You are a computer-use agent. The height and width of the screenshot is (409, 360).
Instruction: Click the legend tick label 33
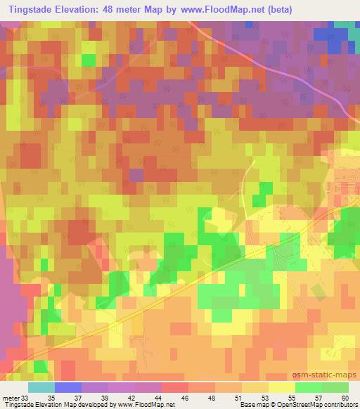pyautogui.click(x=27, y=397)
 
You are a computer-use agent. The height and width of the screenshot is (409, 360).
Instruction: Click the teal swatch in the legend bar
pyautogui.click(x=41, y=387)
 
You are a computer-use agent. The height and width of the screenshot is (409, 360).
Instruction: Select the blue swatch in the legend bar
pyautogui.click(x=67, y=387)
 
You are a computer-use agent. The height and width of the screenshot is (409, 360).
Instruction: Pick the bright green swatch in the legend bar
pyautogui.click(x=308, y=387)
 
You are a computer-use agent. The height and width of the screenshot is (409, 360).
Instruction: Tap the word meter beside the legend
pyautogui.click(x=11, y=397)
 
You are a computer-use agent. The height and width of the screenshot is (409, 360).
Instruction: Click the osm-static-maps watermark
pyautogui.click(x=329, y=374)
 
